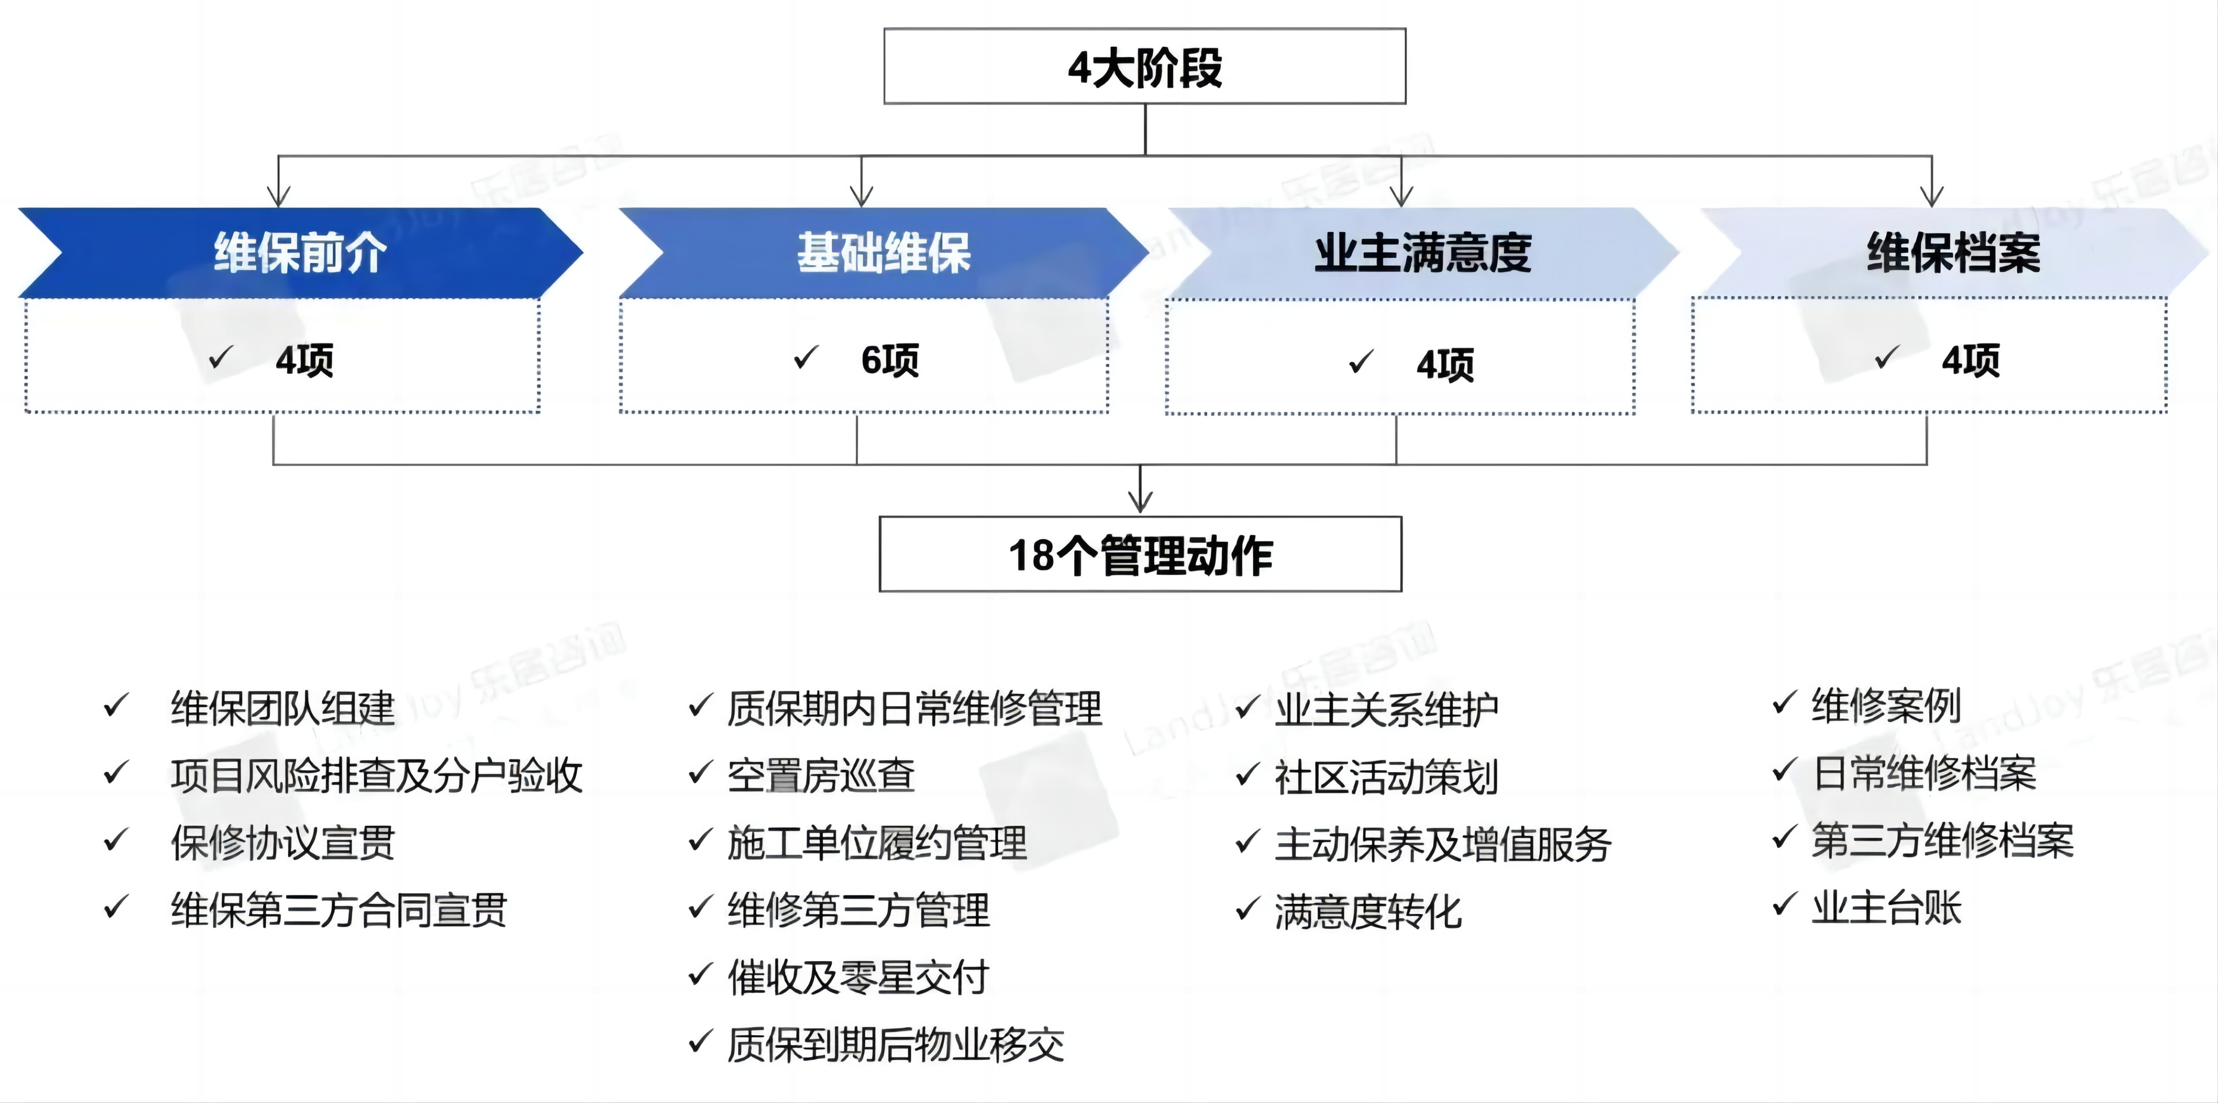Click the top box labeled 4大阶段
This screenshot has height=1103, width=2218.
[x=1144, y=66]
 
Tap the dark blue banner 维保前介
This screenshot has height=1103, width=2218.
[x=300, y=253]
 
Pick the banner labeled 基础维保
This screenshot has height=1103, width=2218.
[x=884, y=253]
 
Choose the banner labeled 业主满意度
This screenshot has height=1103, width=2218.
[x=1422, y=253]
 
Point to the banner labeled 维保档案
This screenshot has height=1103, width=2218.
[x=1953, y=253]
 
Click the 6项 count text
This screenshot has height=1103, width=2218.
[x=889, y=360]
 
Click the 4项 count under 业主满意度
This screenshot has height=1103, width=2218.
[x=1445, y=364]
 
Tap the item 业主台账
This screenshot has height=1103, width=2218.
[x=1886, y=907]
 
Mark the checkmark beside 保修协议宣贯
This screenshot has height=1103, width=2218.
[x=116, y=840]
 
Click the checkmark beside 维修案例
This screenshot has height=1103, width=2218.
[x=1785, y=703]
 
